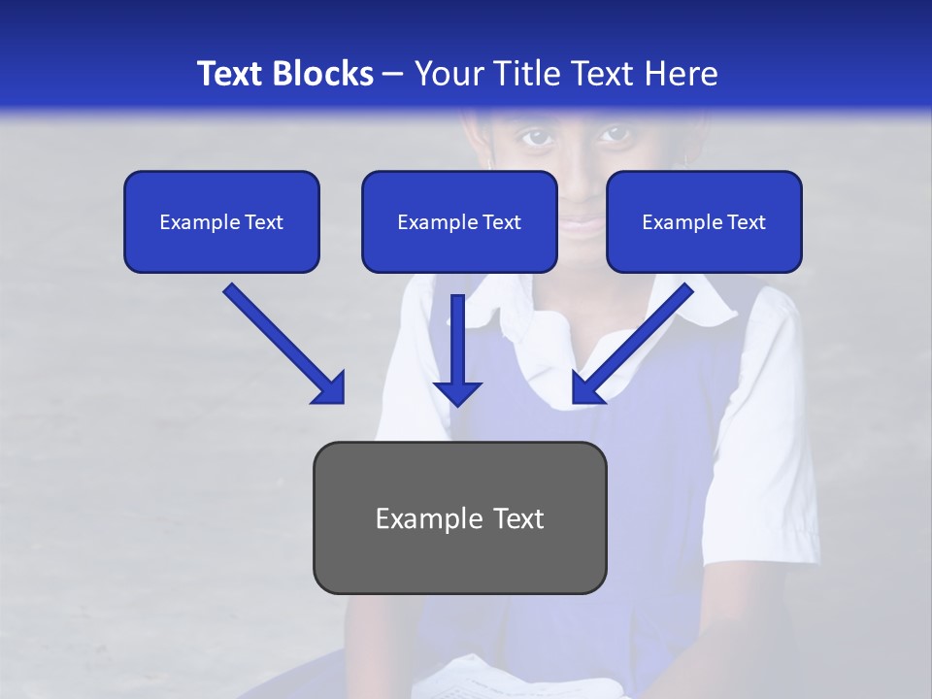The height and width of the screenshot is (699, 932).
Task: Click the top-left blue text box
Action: [221, 221]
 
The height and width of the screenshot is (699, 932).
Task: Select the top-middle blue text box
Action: [459, 221]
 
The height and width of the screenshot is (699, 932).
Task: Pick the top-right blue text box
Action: [704, 221]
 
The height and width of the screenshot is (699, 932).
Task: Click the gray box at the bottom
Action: [459, 518]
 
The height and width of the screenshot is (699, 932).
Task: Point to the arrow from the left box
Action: [282, 342]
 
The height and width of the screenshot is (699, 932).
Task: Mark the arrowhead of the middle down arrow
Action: [457, 391]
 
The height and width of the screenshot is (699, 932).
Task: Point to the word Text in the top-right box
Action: [747, 221]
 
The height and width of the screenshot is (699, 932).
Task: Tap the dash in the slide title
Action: [393, 74]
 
